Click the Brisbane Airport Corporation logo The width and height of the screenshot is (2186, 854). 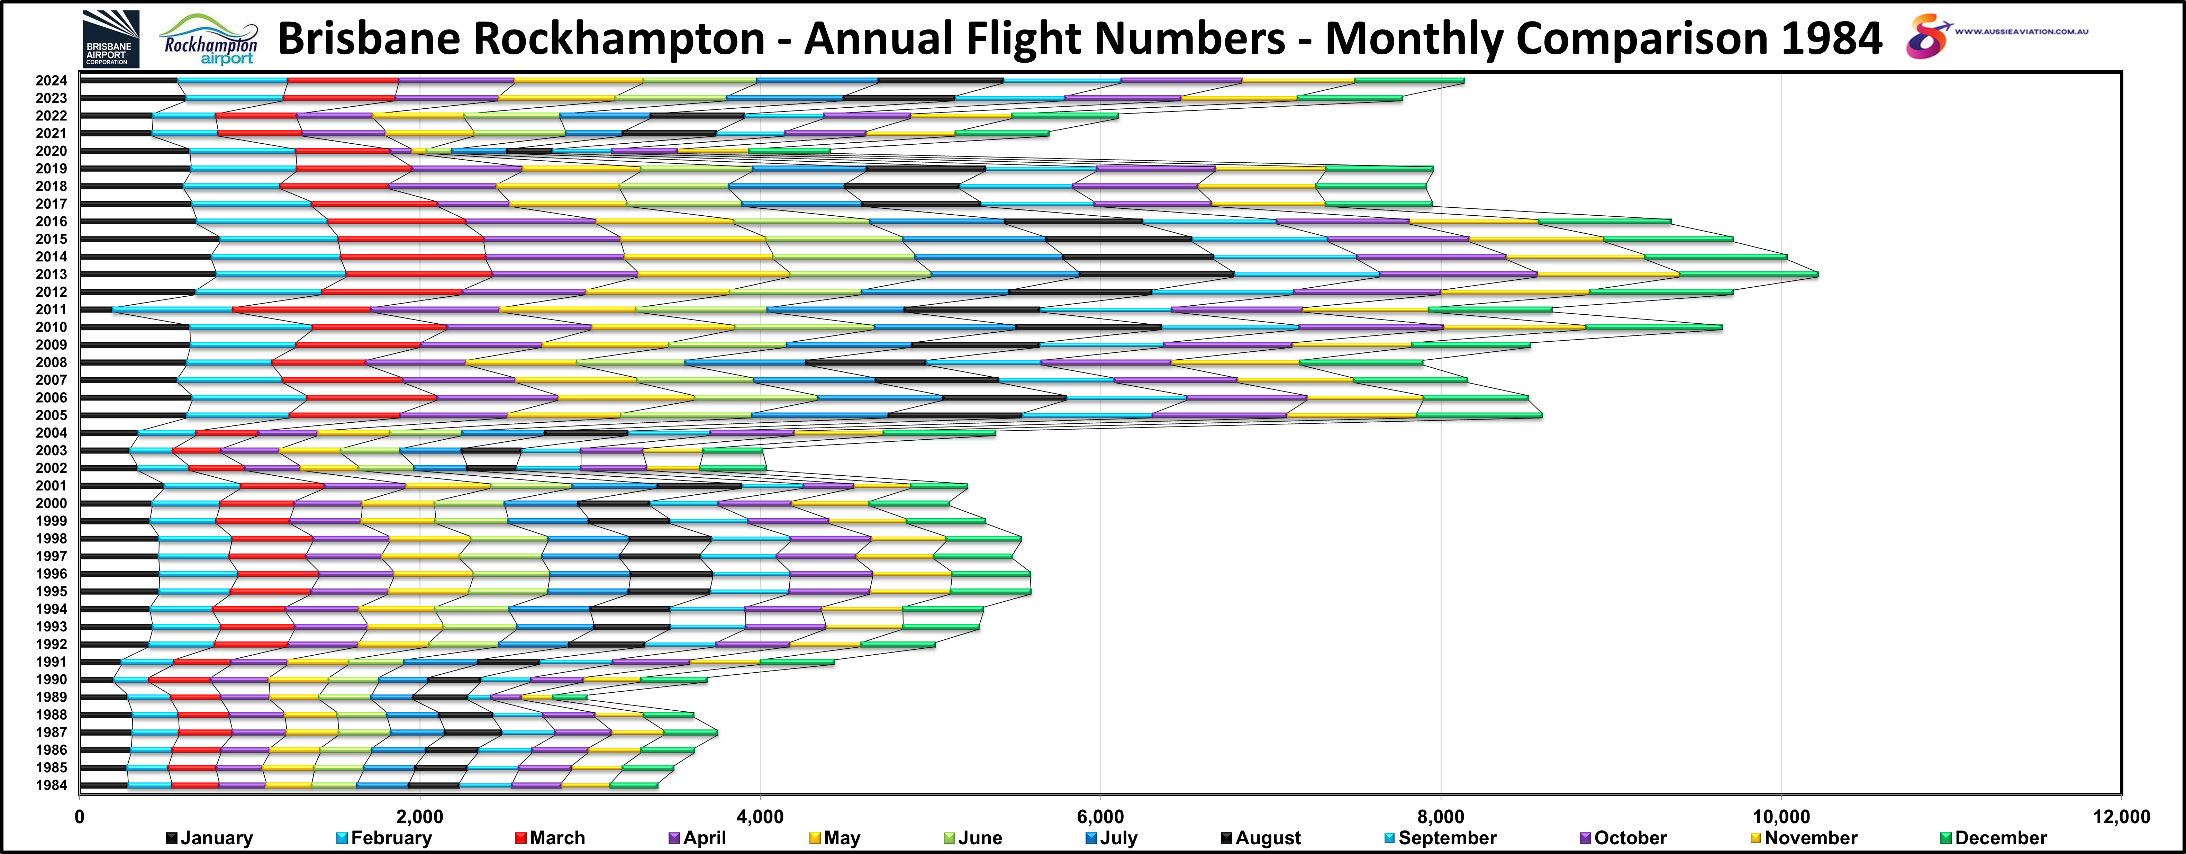tap(111, 39)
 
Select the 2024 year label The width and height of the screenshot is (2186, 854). tap(51, 81)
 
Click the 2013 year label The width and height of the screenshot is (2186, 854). tap(51, 274)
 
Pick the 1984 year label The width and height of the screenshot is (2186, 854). tap(51, 785)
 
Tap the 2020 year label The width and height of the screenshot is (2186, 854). tap(51, 151)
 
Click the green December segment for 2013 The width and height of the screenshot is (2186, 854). tap(1748, 274)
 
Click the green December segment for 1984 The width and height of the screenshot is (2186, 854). tap(633, 785)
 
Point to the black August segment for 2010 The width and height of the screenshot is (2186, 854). tap(1088, 327)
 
